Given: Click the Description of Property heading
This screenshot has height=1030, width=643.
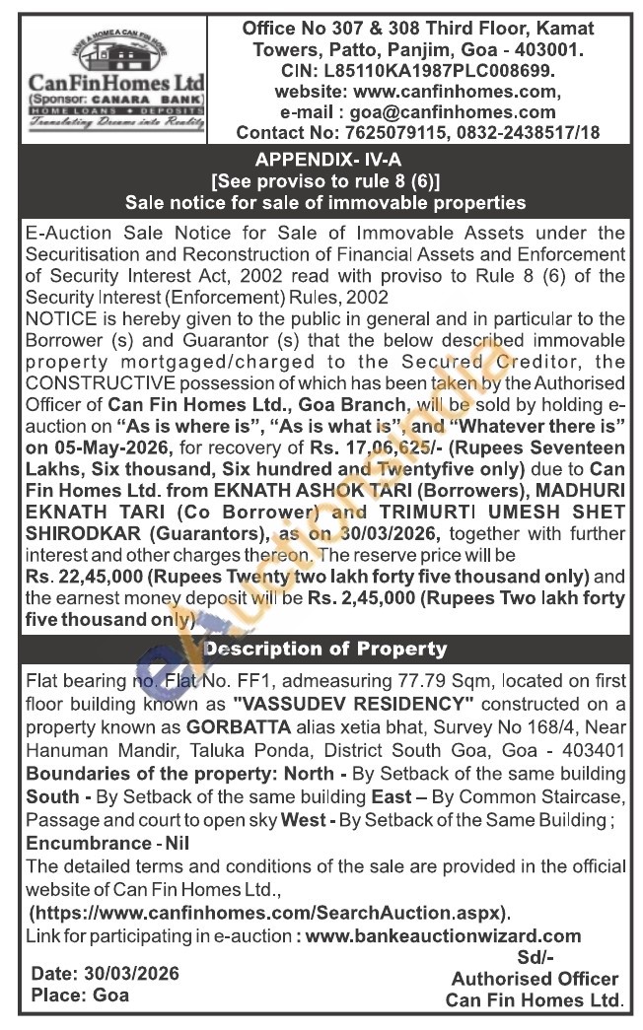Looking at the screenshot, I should (325, 650).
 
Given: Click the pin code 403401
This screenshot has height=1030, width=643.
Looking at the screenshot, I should (593, 748).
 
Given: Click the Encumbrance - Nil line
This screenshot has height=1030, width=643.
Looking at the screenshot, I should (107, 843).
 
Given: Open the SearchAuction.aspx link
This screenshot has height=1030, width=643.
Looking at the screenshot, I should (269, 913).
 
